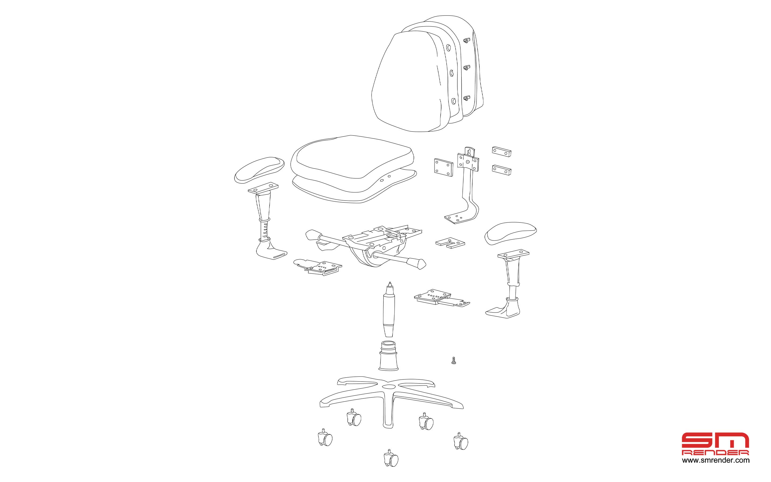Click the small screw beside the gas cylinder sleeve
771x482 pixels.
(x=453, y=360)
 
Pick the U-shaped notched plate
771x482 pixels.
(x=450, y=242)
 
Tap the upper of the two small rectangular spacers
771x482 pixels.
(x=501, y=151)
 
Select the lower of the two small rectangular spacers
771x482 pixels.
(x=501, y=169)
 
